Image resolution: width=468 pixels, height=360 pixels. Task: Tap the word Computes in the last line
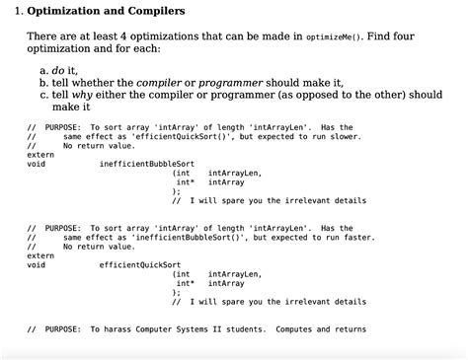pos(296,328)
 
